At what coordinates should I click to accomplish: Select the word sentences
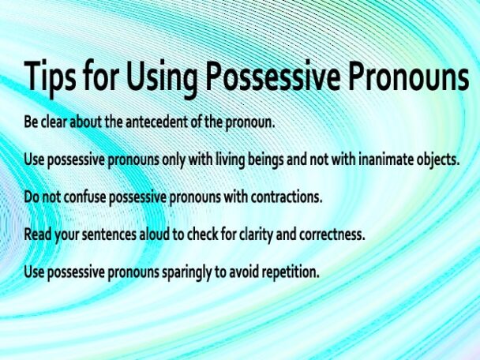coord(108,235)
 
